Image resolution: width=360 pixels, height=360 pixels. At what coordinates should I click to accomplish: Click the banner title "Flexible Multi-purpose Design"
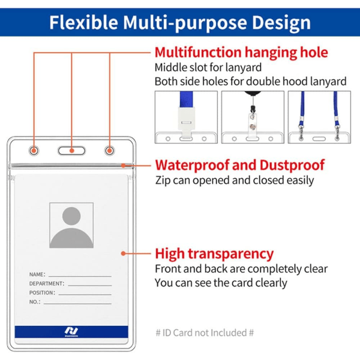pos(180,23)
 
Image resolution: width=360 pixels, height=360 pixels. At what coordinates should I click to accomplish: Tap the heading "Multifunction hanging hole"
pos(241,52)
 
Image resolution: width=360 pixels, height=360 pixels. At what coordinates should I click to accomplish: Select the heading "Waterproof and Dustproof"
pos(240,165)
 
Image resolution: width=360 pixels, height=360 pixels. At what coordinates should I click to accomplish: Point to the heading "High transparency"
pos(214,254)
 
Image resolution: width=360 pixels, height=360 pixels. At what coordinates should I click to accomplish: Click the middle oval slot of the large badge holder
pos(71,151)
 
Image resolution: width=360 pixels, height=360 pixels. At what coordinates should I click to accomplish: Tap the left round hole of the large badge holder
pos(34,151)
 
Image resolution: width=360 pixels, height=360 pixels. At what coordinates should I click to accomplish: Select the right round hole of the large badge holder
pos(110,151)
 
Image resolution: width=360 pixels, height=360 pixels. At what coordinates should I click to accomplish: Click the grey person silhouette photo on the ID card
pos(71,225)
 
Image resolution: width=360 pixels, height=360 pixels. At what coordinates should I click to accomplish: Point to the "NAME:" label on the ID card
pos(37,274)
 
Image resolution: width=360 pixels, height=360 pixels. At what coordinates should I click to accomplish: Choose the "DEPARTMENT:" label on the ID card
pos(47,284)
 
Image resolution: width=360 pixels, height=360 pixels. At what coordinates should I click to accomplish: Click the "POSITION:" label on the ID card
pos(42,293)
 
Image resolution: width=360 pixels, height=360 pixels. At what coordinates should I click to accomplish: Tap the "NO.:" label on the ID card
pos(35,302)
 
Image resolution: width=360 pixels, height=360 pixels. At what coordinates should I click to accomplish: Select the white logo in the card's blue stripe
pos(71,332)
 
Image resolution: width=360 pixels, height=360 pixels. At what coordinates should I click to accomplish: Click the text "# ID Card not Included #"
pos(205,332)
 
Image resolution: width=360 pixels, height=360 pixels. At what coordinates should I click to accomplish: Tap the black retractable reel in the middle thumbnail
pos(253,93)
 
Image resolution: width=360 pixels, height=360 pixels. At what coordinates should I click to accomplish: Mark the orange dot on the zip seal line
pos(124,166)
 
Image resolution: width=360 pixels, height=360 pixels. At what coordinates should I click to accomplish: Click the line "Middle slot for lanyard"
pos(208,67)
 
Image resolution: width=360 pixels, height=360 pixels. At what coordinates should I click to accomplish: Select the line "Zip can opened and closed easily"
pos(235,181)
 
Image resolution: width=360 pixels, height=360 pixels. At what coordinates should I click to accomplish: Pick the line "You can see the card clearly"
pos(221,283)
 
